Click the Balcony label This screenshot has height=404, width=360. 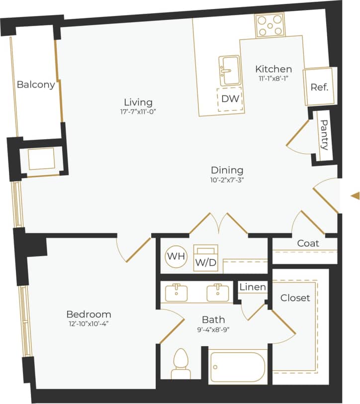click(x=36, y=85)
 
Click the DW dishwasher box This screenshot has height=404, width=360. click(x=230, y=99)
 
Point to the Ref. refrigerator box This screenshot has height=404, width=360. click(x=319, y=87)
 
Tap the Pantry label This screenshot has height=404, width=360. click(x=324, y=135)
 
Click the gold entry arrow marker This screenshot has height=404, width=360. click(x=355, y=196)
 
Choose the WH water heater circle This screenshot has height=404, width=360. click(x=176, y=257)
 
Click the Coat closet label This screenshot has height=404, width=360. click(x=308, y=244)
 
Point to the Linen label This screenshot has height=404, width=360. click(x=253, y=288)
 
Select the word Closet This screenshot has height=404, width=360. click(x=295, y=298)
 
